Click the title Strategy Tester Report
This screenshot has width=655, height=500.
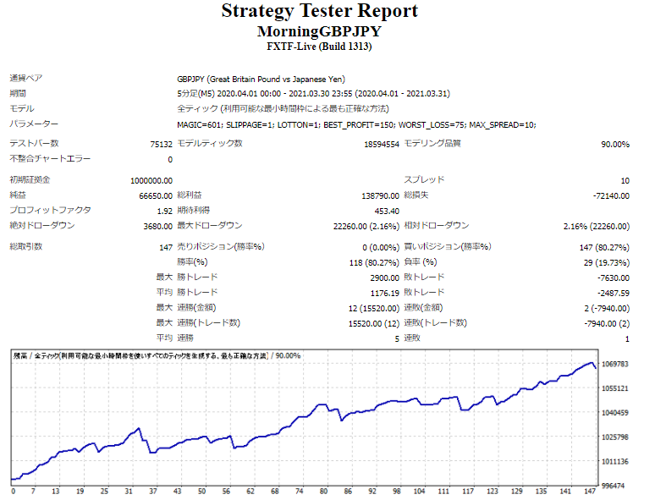pos(319,12)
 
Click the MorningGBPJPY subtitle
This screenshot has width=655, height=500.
pos(319,31)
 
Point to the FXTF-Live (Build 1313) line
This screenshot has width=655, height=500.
pos(319,47)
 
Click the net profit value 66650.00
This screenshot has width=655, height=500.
pos(156,195)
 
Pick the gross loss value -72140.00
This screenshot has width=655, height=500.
pos(608,195)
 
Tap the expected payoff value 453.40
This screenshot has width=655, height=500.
pos(386,211)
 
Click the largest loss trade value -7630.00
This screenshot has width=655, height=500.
pos(611,277)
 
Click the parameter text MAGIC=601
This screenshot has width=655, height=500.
pos(200,124)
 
